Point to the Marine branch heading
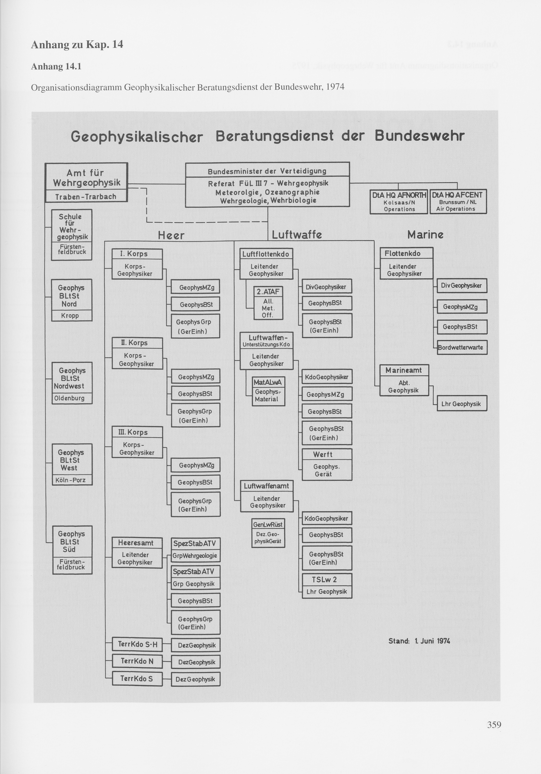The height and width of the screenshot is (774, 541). [425, 235]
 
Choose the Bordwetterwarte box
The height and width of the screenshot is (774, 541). [462, 347]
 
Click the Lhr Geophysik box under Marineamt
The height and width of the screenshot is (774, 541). [462, 404]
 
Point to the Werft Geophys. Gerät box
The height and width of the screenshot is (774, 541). [327, 464]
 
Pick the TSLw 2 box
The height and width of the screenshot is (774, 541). [327, 586]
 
